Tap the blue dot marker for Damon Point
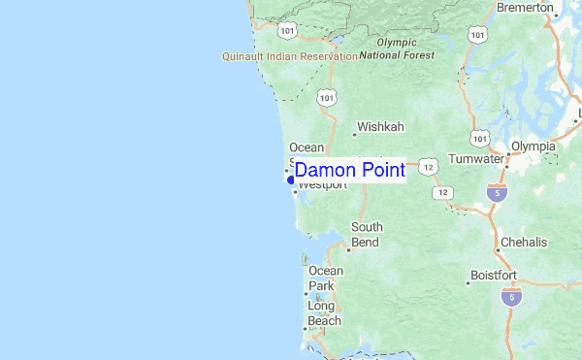pos(291,180)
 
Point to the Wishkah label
pos(380,127)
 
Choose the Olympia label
pos(533,147)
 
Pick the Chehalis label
pos(524,242)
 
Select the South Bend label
pos(367,234)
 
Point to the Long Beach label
pos(324,313)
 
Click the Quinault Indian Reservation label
pos(290,56)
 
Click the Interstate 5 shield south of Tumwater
pos(497,192)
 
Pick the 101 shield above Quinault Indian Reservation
pos(286,31)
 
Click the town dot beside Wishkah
pos(352,127)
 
